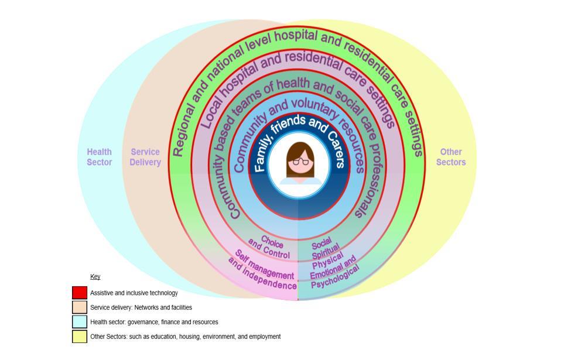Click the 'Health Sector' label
[x=99, y=157]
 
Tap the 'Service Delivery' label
[x=145, y=157]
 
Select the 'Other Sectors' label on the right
[x=451, y=157]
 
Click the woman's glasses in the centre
[x=300, y=161]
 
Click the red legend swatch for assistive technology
[x=80, y=293]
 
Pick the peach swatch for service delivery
[x=80, y=307]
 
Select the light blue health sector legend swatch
[x=80, y=322]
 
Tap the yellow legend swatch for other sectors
[x=80, y=337]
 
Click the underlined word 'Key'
[x=95, y=276]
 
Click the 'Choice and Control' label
[x=270, y=248]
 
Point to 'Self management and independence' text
[x=263, y=270]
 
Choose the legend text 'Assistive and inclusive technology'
[x=134, y=293]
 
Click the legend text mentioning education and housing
[x=185, y=337]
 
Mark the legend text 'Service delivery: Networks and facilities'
[x=141, y=307]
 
